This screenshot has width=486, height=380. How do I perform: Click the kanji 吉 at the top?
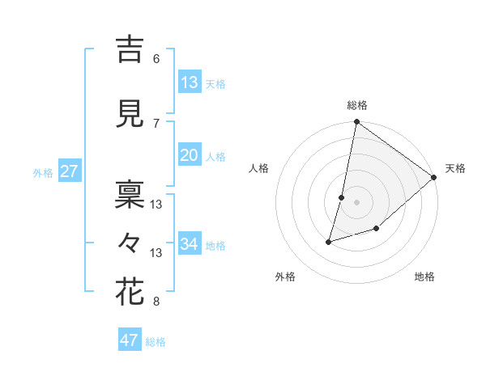[130, 50]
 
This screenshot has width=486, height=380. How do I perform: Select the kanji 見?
[130, 115]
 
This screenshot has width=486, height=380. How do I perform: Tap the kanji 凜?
[130, 193]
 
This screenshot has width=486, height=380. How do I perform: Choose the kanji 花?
[130, 292]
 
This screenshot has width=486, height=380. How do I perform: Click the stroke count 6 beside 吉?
[156, 59]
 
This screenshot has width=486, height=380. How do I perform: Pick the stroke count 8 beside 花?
[156, 302]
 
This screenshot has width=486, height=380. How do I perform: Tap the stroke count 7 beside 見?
[156, 123]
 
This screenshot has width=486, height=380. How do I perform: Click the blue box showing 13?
[190, 82]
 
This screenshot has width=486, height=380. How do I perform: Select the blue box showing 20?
[190, 155]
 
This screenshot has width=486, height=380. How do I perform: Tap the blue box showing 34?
[190, 244]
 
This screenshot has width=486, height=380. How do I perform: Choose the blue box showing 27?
[69, 171]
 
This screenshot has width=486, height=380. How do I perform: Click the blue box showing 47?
[130, 340]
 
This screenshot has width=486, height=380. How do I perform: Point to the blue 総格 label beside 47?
[156, 342]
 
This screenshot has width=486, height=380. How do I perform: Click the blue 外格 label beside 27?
[43, 173]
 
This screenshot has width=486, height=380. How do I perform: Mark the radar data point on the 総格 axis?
[356, 123]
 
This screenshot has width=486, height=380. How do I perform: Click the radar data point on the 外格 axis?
[329, 241]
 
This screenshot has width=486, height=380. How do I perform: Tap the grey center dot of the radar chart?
[356, 202]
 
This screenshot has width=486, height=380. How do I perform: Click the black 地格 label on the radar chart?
[424, 277]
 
